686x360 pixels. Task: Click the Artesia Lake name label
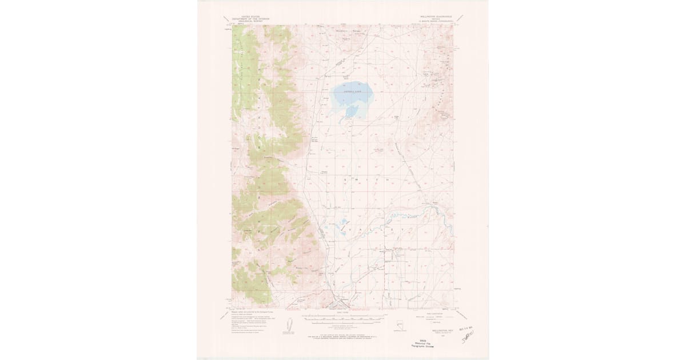coord(350,90)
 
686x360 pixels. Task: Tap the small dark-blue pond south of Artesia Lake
coord(352,109)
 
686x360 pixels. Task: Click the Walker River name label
coord(410,217)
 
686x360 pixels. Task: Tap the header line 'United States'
coord(250,18)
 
